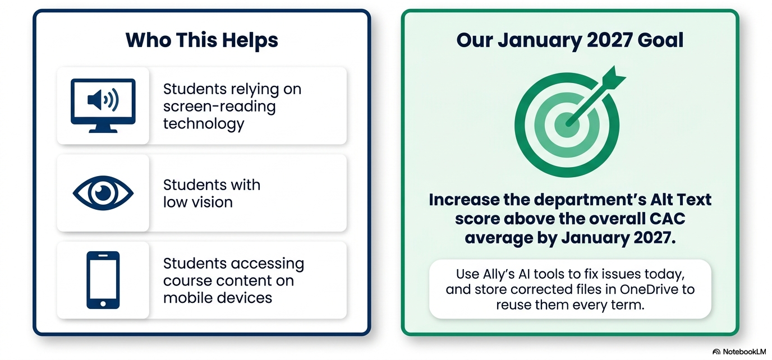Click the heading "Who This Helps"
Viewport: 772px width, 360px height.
click(x=201, y=40)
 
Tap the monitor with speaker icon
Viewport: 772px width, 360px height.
click(x=103, y=105)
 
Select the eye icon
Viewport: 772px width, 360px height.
click(x=103, y=193)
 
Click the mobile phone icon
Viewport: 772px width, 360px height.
click(x=103, y=280)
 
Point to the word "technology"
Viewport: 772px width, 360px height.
click(x=204, y=124)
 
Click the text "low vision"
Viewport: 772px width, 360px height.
click(x=198, y=202)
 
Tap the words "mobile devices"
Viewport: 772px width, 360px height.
click(x=218, y=298)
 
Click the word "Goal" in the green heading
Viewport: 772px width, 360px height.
click(x=660, y=40)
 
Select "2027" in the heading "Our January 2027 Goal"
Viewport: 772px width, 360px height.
click(x=609, y=40)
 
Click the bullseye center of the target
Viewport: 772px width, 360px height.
click(x=567, y=124)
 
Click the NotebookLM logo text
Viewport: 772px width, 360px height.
click(x=744, y=352)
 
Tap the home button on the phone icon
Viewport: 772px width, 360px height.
click(x=103, y=303)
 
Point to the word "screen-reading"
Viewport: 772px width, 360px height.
click(x=219, y=107)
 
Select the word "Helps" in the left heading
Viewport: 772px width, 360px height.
click(x=250, y=40)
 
